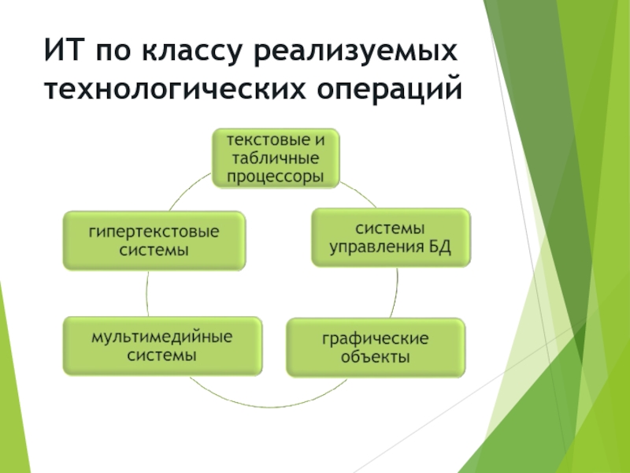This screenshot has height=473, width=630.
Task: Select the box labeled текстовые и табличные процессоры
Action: point(275,158)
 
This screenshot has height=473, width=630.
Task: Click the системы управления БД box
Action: point(390,237)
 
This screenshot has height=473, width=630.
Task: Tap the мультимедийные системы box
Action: point(162,345)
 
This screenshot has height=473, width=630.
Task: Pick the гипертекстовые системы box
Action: point(154,240)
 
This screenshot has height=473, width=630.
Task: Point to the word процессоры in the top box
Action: point(275,176)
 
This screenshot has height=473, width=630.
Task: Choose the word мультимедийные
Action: point(162,337)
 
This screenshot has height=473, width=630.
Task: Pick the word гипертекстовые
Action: point(154,232)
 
